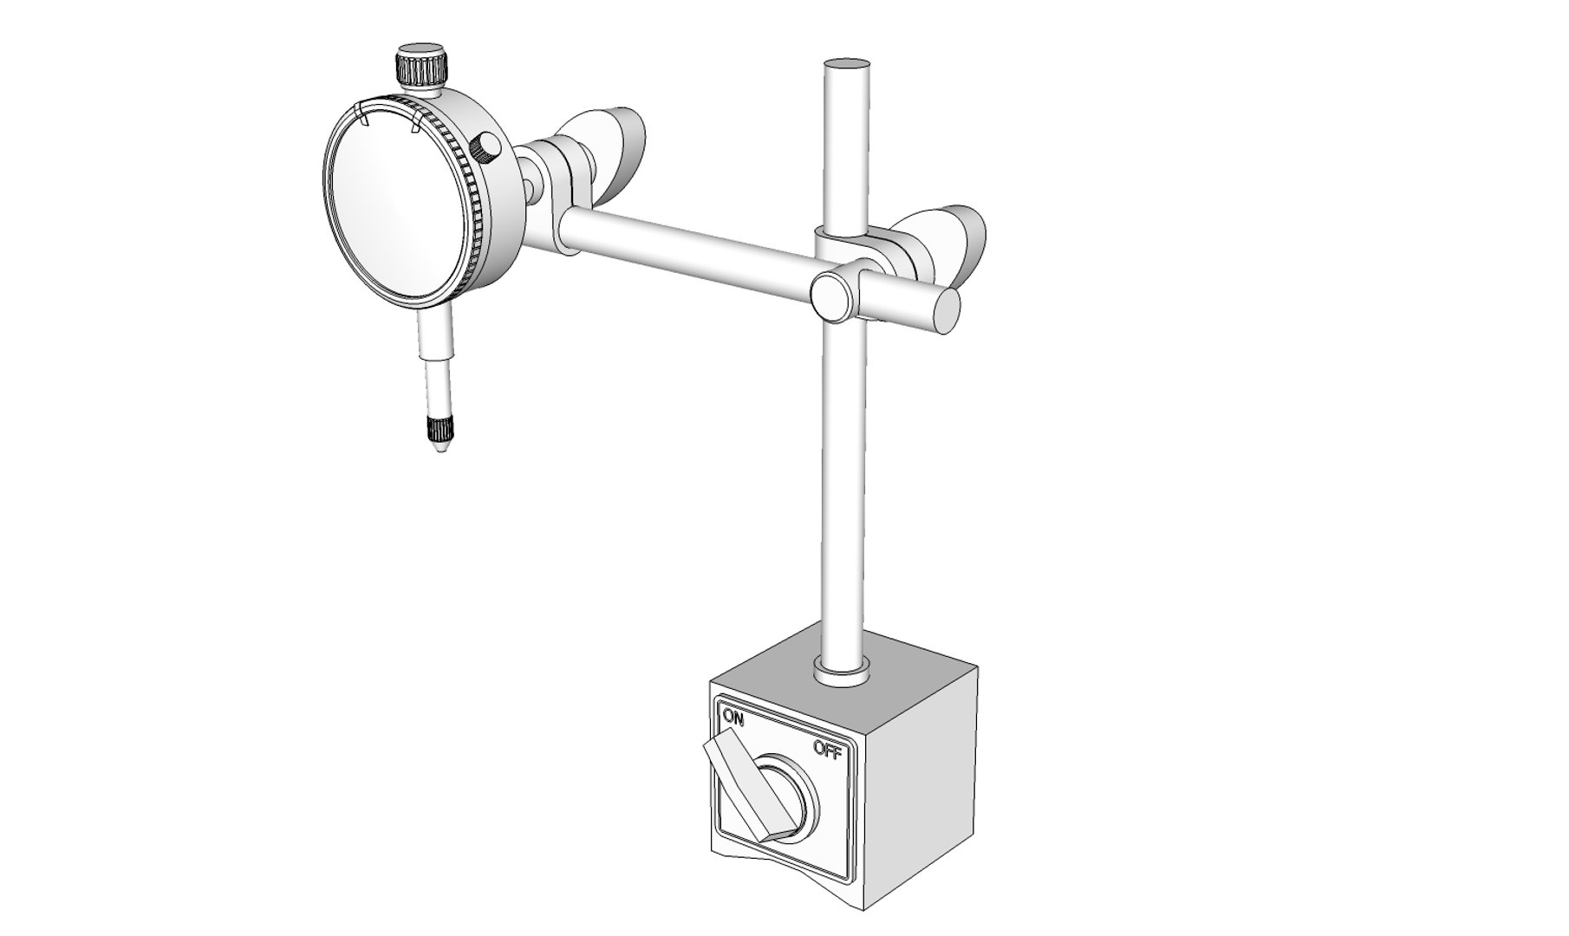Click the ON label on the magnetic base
[734, 717]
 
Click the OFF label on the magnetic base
[827, 751]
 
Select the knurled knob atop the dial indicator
[422, 67]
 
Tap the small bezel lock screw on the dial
[487, 147]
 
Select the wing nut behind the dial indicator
[607, 143]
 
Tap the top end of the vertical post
[847, 64]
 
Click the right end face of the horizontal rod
[947, 311]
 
